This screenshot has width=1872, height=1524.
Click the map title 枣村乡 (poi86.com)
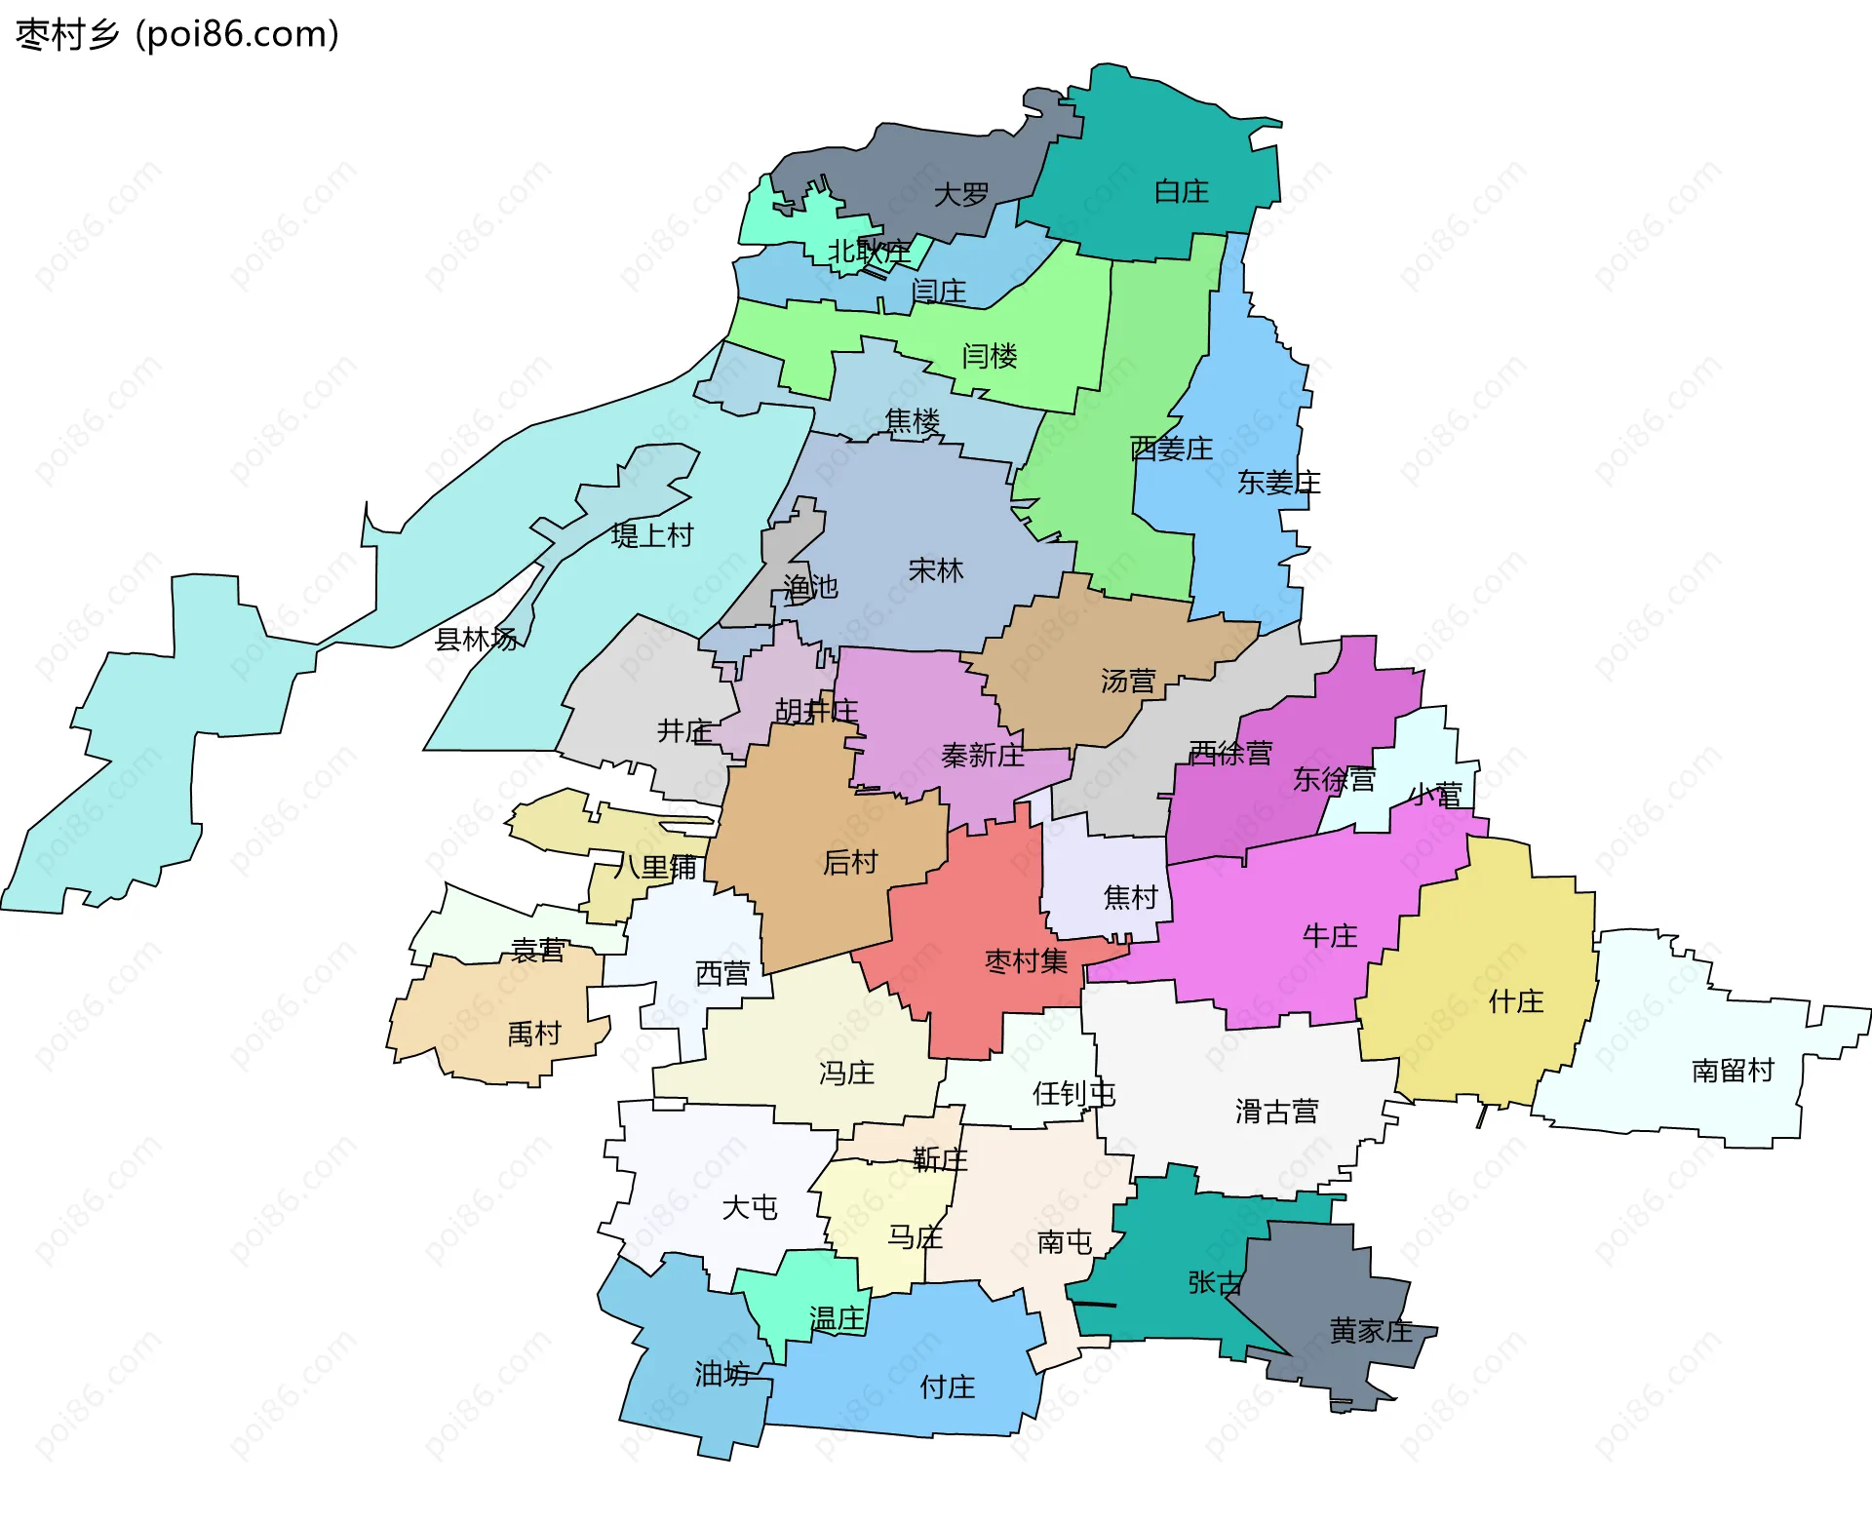(177, 35)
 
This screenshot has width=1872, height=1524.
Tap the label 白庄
(1181, 191)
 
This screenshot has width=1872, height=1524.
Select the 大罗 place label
(961, 195)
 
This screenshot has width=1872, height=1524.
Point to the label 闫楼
(990, 356)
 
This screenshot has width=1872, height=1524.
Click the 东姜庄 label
(1278, 483)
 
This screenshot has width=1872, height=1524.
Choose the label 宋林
(936, 569)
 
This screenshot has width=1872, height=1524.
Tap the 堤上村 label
(652, 535)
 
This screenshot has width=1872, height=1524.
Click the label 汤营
(1128, 681)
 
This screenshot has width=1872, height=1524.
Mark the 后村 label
(850, 862)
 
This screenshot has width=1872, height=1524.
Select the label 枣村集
(1026, 961)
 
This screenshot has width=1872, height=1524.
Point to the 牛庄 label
(1330, 936)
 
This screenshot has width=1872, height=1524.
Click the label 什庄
(1516, 1001)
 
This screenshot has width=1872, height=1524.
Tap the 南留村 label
(1733, 1071)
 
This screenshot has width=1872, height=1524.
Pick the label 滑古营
(1276, 1111)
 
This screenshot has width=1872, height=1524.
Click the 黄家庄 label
(1370, 1330)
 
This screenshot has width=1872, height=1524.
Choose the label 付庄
(948, 1387)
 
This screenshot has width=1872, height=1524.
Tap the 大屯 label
(750, 1207)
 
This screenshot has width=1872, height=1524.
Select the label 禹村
(534, 1034)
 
